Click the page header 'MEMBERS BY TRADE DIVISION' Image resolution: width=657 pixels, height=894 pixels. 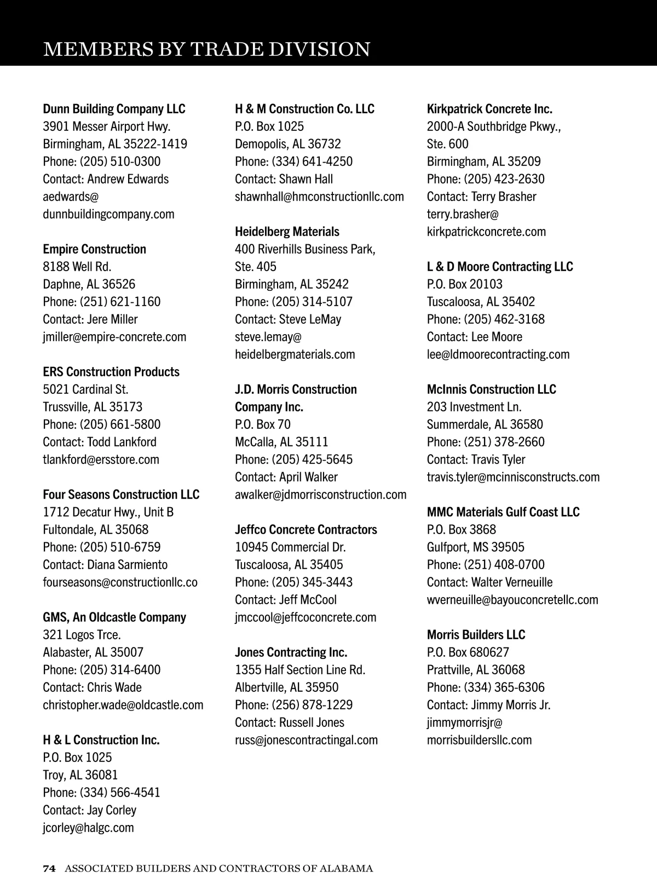coord(206,49)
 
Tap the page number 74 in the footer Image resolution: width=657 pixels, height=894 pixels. coord(49,868)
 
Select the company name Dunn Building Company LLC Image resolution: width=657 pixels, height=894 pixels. coord(114,109)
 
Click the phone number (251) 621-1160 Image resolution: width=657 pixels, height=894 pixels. coord(120,302)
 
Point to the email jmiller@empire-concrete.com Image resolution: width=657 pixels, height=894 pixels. coord(114,337)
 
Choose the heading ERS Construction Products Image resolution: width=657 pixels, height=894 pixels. coord(111,372)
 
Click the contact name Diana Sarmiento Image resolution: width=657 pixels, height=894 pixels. coord(127,565)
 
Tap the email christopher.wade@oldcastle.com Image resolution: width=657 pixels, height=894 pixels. coord(123,705)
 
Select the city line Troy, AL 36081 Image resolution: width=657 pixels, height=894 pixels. coord(80,775)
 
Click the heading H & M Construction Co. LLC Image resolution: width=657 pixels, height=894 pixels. coord(304,109)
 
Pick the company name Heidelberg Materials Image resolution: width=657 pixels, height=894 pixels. coord(287,232)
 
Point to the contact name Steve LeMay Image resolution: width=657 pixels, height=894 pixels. coord(310,319)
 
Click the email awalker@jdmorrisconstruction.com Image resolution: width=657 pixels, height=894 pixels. coord(320,495)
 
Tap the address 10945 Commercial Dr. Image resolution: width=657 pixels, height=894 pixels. coord(290,547)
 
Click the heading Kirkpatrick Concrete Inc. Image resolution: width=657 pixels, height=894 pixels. coord(489,109)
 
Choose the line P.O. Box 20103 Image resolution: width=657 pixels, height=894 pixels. coord(464,284)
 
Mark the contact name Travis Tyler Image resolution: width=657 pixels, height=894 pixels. coord(498,460)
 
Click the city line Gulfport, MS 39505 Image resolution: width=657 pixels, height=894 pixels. coord(475,547)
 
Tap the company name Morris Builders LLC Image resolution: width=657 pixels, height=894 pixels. coord(476,635)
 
